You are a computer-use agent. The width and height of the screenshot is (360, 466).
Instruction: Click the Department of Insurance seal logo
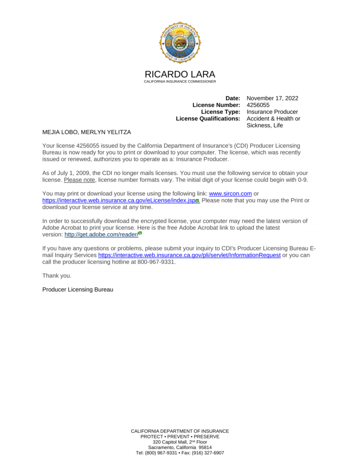click(x=180, y=42)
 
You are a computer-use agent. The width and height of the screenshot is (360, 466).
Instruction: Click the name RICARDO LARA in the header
click(x=180, y=75)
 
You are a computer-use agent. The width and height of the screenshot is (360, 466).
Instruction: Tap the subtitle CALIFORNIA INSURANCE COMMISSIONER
click(x=180, y=82)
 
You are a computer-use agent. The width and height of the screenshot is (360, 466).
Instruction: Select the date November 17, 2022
click(x=272, y=98)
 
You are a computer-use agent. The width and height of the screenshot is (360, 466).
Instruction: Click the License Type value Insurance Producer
click(x=272, y=112)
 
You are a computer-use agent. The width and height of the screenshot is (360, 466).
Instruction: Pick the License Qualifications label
click(x=208, y=119)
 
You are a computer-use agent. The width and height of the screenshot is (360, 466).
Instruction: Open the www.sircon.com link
click(x=230, y=194)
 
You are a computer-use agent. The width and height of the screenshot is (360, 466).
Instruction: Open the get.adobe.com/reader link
click(x=101, y=234)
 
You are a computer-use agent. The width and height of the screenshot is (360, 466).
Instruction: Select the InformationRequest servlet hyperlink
click(x=189, y=255)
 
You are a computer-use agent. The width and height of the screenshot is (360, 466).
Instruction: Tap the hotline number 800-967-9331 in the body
click(x=154, y=262)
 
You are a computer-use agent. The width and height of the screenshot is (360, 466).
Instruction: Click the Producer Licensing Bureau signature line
click(x=78, y=290)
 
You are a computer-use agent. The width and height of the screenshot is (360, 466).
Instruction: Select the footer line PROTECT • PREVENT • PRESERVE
click(x=180, y=436)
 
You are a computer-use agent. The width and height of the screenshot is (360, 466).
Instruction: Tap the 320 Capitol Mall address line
click(x=180, y=442)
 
